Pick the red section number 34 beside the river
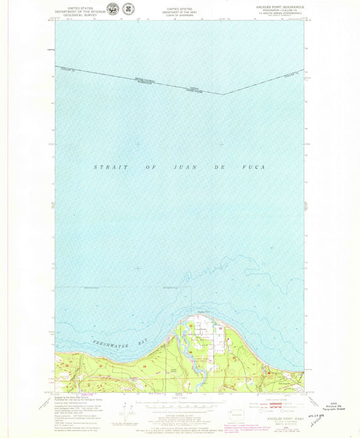pos(191,353)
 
